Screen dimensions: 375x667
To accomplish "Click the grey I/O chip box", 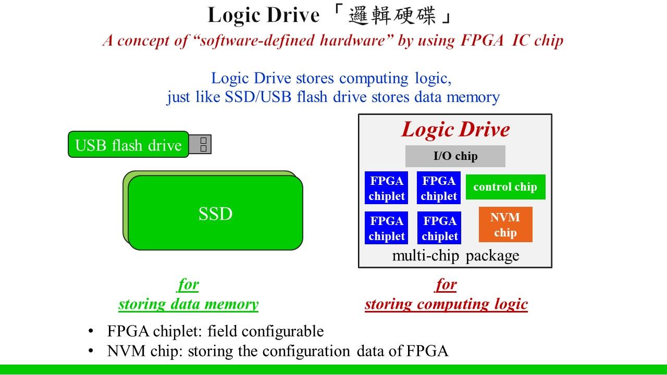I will (455, 156).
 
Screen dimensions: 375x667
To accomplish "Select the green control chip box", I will (505, 187).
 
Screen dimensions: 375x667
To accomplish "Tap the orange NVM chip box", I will (505, 224).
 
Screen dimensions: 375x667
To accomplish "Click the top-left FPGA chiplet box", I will (387, 188).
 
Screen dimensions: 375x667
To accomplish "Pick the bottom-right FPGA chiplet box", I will (439, 228).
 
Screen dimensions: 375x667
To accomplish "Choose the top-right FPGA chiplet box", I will (439, 188).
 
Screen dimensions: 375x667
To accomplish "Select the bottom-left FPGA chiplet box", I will (387, 228).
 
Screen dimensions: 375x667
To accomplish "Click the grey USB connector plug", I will (200, 144).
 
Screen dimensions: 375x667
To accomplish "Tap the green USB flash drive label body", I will (128, 145).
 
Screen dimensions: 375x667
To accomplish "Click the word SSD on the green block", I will (215, 214).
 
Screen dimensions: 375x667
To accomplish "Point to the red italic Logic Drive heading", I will (455, 130).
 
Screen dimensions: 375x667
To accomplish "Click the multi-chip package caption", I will (455, 256).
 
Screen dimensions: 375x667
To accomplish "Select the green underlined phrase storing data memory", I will (188, 304).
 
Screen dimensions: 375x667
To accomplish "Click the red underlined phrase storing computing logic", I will (446, 304).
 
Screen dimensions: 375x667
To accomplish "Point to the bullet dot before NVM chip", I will (91, 351).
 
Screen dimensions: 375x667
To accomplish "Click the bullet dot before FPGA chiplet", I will (91, 331).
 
